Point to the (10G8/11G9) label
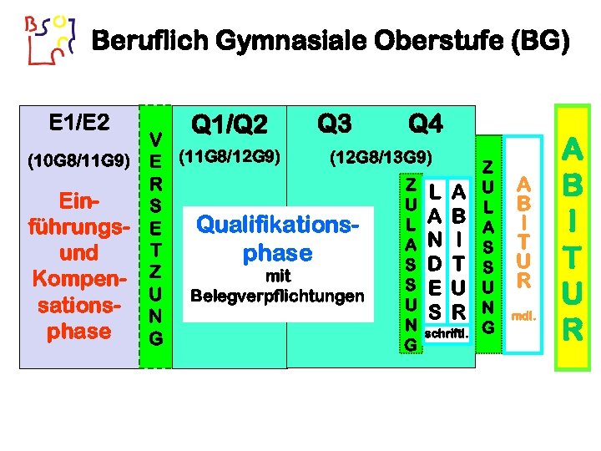coord(78,160)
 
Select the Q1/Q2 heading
coord(230,126)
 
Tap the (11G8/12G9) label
coord(230,156)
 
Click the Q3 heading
coord(335,124)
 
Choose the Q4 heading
coord(425,124)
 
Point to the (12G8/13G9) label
coord(381,157)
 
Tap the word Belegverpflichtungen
coord(278,296)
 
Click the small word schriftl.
coord(447,334)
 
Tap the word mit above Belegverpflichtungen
coord(278,276)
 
